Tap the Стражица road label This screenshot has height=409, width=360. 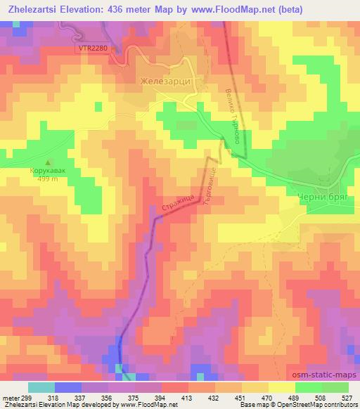[x=179, y=204]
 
